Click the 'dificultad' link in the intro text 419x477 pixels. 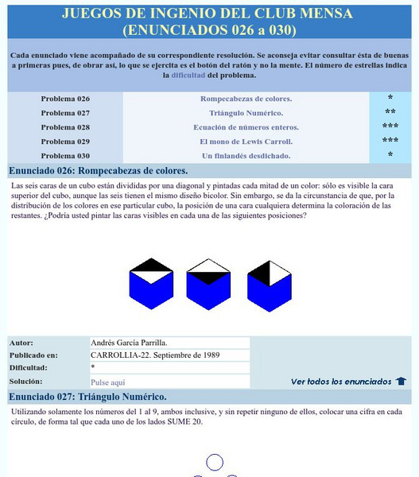[188, 76]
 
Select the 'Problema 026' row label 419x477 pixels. [65, 99]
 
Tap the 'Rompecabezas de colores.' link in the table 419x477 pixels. [246, 99]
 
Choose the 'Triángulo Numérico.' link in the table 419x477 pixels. [246, 113]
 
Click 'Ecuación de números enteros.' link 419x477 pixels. [246, 127]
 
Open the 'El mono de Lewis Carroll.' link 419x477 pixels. [246, 142]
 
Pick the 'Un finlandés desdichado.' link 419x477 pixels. [246, 156]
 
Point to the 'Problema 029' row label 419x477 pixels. [65, 142]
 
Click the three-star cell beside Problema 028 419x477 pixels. [390, 127]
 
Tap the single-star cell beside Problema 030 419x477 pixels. [390, 156]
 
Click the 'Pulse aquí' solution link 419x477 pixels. [108, 382]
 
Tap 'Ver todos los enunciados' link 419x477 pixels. [341, 382]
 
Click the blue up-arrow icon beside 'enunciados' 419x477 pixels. [401, 382]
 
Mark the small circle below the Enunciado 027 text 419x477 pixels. [215, 462]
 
